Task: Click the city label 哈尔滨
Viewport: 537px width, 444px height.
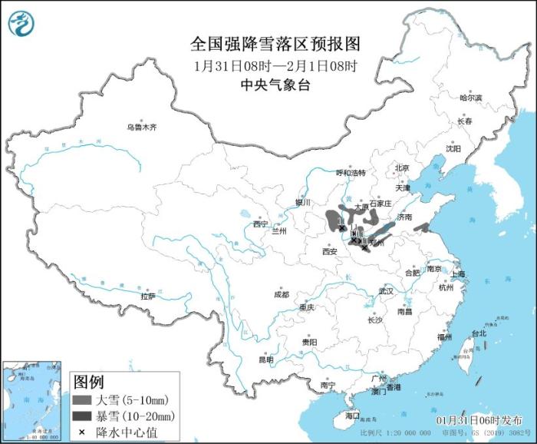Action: pos(470,98)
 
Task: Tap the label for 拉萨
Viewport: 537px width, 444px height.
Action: pos(147,295)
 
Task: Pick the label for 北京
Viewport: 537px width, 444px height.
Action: pos(402,167)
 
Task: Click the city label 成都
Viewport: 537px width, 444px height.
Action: pos(281,294)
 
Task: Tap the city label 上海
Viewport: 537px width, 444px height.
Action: pos(458,274)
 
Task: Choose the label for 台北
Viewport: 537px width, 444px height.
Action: pos(478,333)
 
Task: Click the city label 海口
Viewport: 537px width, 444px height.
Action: pos(352,416)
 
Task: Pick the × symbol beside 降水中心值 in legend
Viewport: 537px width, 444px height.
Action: pos(81,432)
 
